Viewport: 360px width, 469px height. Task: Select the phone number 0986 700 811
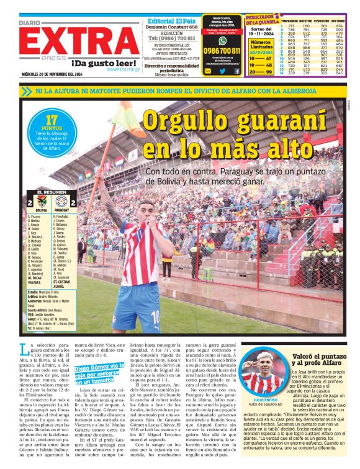coord(222,51)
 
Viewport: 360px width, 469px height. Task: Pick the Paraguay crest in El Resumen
coord(61,202)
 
